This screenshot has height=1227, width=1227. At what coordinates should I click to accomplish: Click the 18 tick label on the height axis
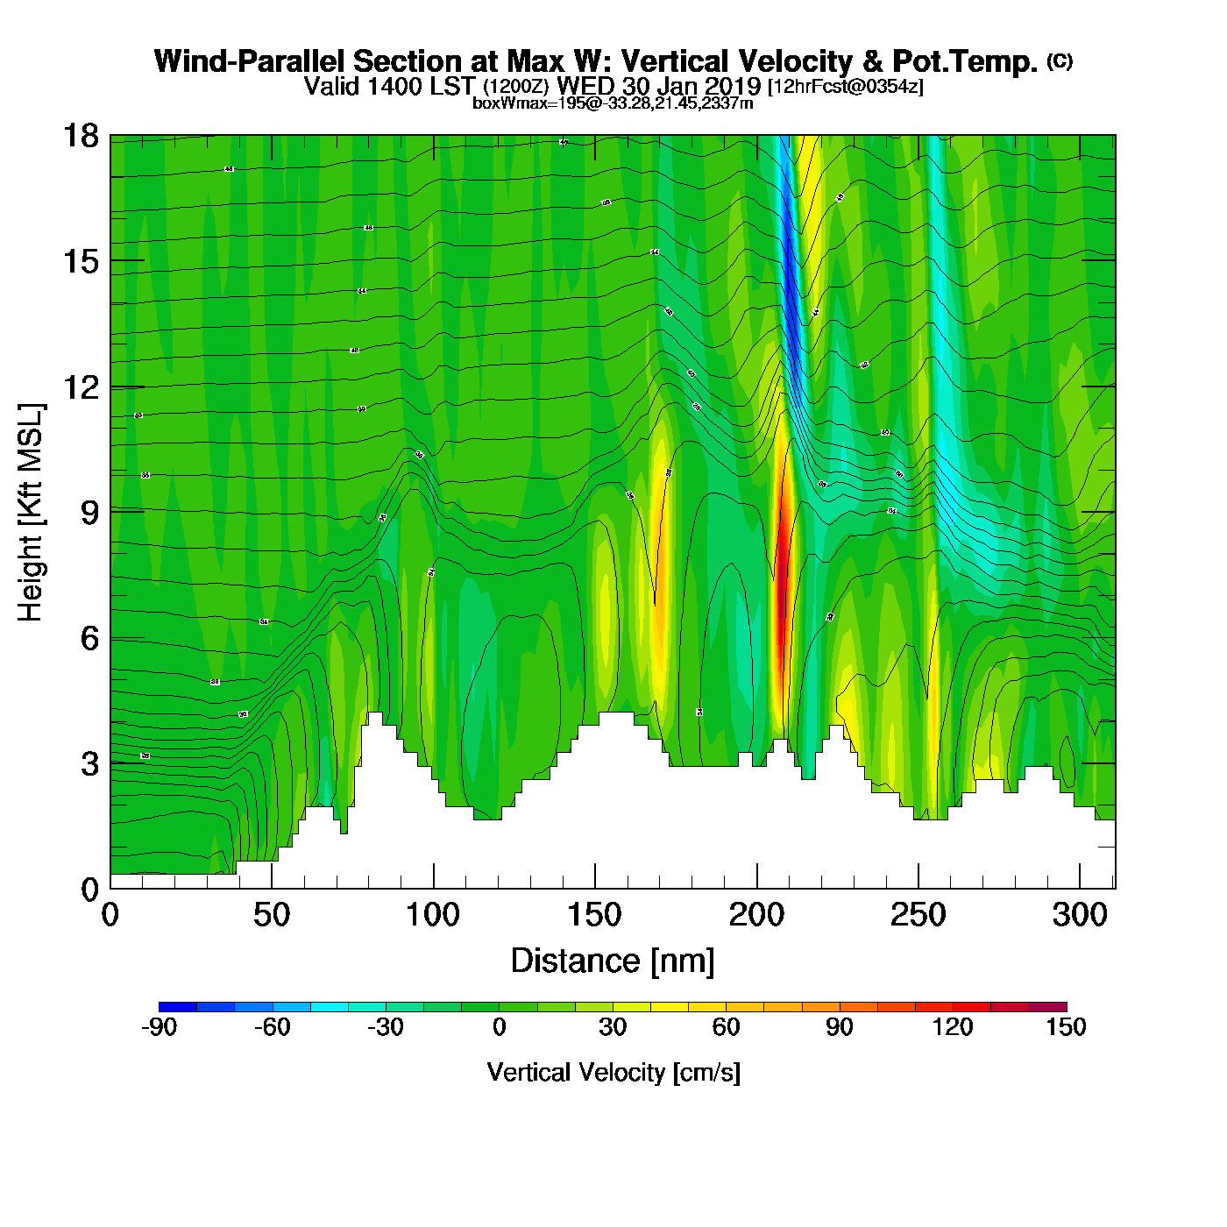[x=80, y=136]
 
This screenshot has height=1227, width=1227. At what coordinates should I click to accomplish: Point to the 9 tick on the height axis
[x=90, y=513]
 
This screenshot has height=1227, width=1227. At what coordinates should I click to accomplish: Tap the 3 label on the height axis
[x=90, y=763]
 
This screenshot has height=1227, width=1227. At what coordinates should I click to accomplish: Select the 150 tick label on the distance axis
[x=594, y=916]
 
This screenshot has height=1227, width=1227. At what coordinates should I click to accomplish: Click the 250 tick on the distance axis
[x=918, y=916]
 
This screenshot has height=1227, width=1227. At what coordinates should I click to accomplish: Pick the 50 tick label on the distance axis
[x=271, y=916]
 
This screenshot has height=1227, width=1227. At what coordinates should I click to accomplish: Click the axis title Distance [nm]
[x=613, y=961]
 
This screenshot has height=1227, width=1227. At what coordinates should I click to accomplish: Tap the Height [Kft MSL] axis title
[x=31, y=513]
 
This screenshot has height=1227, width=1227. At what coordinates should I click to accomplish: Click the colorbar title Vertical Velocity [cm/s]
[x=613, y=1072]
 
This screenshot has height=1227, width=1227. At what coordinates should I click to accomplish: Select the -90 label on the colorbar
[x=159, y=1027]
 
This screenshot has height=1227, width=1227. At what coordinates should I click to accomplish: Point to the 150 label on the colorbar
[x=1066, y=1027]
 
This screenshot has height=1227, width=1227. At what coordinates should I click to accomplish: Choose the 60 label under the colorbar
[x=726, y=1027]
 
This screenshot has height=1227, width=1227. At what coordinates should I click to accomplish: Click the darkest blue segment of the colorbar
[x=178, y=1006]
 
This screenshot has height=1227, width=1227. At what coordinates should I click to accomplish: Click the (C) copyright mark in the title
[x=1060, y=60]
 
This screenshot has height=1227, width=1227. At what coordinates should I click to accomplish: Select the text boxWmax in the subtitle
[x=499, y=103]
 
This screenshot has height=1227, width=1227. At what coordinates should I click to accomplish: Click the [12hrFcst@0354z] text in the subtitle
[x=845, y=87]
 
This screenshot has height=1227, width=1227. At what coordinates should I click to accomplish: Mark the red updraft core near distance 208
[x=782, y=605]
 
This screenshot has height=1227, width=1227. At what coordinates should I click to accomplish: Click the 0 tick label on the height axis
[x=90, y=889]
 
